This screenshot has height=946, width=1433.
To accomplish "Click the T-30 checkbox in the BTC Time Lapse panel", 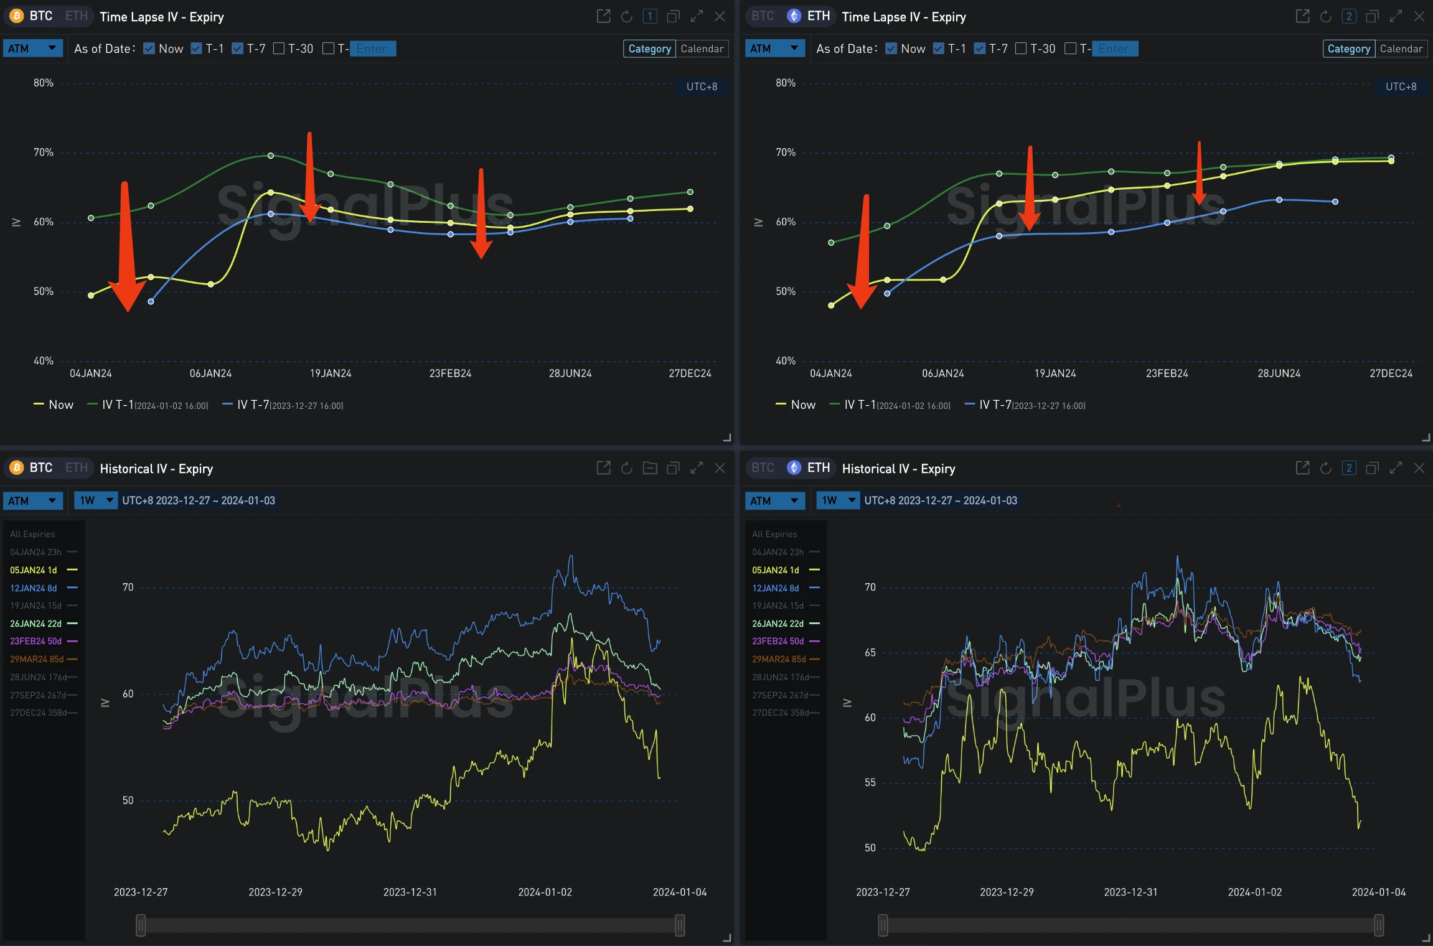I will coord(279,49).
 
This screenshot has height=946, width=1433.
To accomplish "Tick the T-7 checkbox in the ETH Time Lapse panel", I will coord(980,49).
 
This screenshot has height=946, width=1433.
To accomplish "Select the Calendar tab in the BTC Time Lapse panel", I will coord(702,49).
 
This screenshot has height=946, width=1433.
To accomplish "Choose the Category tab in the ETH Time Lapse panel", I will coord(1348,49).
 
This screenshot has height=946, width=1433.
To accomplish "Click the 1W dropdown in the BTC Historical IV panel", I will coord(95,500).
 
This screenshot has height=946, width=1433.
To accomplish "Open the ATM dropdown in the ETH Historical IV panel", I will coord(774,500).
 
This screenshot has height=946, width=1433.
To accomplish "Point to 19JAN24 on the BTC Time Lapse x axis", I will coord(331,373).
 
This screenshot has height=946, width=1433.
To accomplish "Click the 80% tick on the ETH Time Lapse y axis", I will coord(785,83).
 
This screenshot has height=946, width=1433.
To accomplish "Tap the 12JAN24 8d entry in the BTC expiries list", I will coord(34,588).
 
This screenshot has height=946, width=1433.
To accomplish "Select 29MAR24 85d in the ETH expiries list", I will coord(778,659).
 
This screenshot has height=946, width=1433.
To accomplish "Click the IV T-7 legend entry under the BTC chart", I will coord(282,405).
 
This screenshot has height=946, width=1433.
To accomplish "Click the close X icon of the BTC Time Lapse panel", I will coord(720,17).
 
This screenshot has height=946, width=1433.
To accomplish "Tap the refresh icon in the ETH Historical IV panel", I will coord(1325,468).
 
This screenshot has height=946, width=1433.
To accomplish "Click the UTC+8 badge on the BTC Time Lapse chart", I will coord(702,87).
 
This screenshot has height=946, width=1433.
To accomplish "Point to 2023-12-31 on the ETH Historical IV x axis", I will coord(1130,892).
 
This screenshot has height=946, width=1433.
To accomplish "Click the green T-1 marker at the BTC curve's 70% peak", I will coord(270,156).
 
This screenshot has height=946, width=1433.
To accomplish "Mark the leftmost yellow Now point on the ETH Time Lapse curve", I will coord(831,306).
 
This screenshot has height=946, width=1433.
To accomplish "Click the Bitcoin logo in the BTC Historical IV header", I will coord(17,468).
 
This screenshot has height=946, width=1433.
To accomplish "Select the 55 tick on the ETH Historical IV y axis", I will coord(870,782).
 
